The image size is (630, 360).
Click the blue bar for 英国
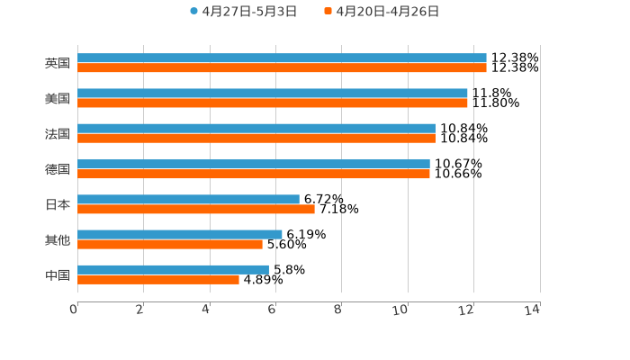pyautogui.click(x=282, y=58)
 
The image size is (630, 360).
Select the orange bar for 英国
pyautogui.click(x=282, y=67)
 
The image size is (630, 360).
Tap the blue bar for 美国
pyautogui.click(x=273, y=93)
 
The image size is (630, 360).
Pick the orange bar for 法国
pyautogui.click(x=256, y=138)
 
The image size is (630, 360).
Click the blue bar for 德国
pyautogui.click(x=254, y=164)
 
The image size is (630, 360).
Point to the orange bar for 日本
pyautogui.click(x=196, y=209)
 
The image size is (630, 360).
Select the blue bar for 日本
pyautogui.click(x=188, y=199)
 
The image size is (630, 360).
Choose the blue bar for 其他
pyautogui.click(x=180, y=234)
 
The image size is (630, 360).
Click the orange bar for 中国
pyautogui.click(x=158, y=279)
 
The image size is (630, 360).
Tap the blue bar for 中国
pyautogui.click(x=173, y=269)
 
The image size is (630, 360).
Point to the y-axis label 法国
pyautogui.click(x=58, y=133)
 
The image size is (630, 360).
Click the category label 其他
pyautogui.click(x=58, y=239)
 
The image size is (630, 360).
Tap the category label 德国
pyautogui.click(x=58, y=169)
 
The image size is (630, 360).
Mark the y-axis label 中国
pyautogui.click(x=58, y=274)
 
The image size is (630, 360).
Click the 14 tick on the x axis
pyautogui.click(x=533, y=310)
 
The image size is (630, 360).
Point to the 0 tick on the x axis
pyautogui.click(x=74, y=310)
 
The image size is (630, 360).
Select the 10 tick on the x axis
pyautogui.click(x=400, y=310)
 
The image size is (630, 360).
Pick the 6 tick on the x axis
pyautogui.click(x=272, y=310)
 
